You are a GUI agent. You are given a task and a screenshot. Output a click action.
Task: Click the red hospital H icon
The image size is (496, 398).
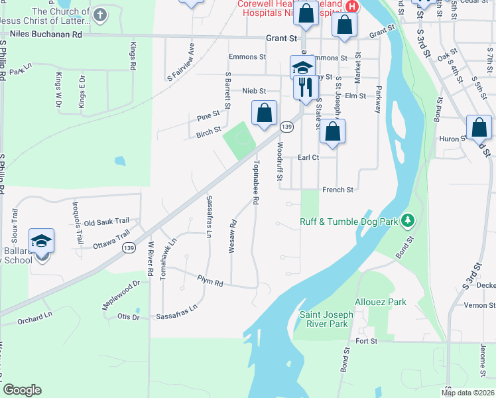352,6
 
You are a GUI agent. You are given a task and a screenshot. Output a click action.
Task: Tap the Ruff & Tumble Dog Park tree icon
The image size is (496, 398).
409,220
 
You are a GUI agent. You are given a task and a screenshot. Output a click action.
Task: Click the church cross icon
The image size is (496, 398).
100,14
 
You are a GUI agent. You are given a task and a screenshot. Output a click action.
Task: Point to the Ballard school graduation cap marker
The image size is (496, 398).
41,240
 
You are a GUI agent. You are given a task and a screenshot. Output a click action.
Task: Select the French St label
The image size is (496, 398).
338,190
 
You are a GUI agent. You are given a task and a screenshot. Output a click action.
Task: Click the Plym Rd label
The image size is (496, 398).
210,281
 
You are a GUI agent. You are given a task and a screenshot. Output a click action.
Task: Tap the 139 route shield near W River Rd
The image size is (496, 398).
129,247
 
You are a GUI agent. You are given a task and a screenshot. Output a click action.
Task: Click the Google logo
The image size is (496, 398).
22,390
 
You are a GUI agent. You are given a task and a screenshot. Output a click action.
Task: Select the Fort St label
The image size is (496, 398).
366,341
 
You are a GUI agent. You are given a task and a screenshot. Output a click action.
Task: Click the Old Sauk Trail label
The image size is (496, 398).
106,222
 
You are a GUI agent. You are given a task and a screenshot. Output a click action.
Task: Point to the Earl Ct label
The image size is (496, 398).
308,157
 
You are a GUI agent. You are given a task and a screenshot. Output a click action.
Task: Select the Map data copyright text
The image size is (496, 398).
468,393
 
